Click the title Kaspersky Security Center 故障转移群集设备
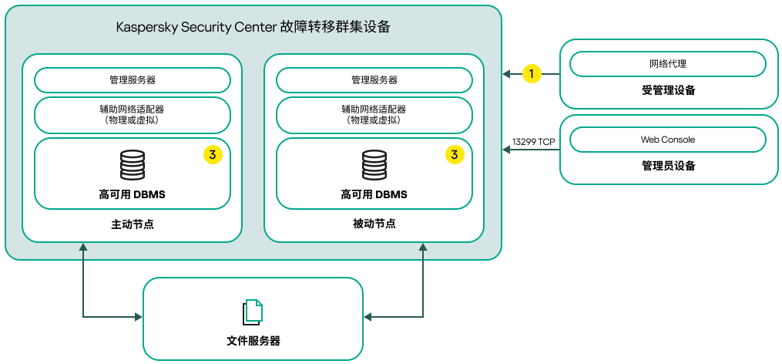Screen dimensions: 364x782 coord(253,28)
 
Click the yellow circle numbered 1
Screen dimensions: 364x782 coord(532,73)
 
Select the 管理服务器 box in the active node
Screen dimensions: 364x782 coord(133,80)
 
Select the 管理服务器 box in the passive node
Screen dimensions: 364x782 coord(374,80)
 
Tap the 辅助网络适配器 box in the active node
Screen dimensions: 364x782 coord(133,115)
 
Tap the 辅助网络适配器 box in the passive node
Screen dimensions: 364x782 coord(374,115)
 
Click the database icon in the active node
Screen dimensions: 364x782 coord(132,166)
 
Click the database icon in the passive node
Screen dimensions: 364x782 coord(374,166)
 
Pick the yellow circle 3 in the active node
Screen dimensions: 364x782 coord(213,155)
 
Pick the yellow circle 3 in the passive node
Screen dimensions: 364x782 coord(455,155)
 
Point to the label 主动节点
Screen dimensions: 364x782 coord(133,224)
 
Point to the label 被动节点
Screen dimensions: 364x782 coord(374,224)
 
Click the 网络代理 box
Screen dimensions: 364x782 coord(667,64)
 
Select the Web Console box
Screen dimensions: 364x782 coord(667,140)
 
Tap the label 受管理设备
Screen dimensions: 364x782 coord(668,90)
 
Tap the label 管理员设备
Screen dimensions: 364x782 coord(668,166)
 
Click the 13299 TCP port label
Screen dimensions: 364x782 coord(534,141)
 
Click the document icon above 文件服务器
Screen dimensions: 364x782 coord(253,312)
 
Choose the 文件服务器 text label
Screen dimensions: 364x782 coord(253,340)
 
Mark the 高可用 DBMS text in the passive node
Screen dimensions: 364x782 coord(374,194)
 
